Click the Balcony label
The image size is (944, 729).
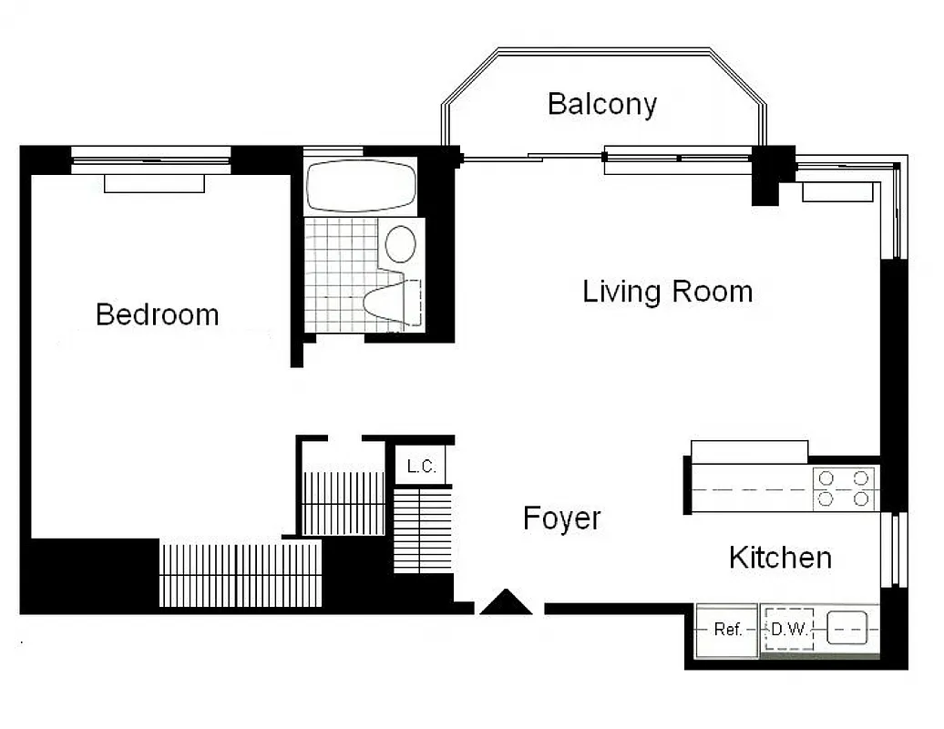(x=601, y=104)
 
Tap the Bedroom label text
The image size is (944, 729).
(x=157, y=314)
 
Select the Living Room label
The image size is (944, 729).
(x=667, y=292)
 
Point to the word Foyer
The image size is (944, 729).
(x=561, y=519)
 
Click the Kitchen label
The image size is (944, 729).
(x=780, y=557)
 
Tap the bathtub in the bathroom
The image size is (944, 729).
(x=360, y=186)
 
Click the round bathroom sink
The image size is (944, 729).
(x=401, y=243)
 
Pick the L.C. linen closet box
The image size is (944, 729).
(x=421, y=467)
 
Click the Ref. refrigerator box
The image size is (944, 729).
(x=726, y=630)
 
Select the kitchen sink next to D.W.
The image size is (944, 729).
(x=846, y=629)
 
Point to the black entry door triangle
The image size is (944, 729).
(x=505, y=603)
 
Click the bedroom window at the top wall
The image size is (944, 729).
(x=151, y=161)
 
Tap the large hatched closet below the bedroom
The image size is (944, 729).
(x=241, y=575)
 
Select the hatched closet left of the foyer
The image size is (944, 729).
(x=423, y=529)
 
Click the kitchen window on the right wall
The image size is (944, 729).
(x=897, y=549)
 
